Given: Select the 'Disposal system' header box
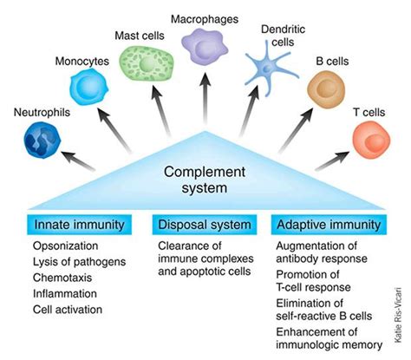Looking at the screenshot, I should point(205,226).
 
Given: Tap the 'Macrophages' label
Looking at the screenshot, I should point(205,17).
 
